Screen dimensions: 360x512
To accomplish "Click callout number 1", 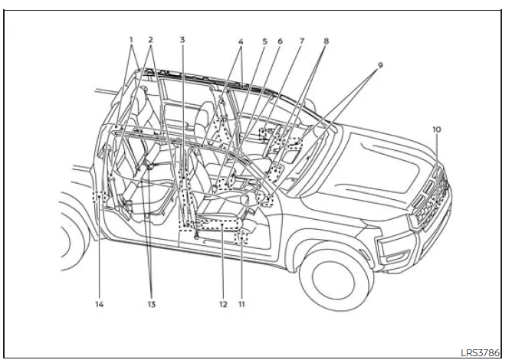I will (131, 39).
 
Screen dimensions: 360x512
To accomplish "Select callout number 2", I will (150, 39).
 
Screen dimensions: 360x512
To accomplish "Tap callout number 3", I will (182, 39).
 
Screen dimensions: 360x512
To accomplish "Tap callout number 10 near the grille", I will (436, 130).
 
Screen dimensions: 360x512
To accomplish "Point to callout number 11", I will (241, 304).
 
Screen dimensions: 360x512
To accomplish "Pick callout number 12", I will (223, 304).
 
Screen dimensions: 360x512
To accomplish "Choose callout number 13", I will (150, 304).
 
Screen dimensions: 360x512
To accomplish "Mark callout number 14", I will (100, 304).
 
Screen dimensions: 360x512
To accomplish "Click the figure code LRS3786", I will (481, 352).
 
